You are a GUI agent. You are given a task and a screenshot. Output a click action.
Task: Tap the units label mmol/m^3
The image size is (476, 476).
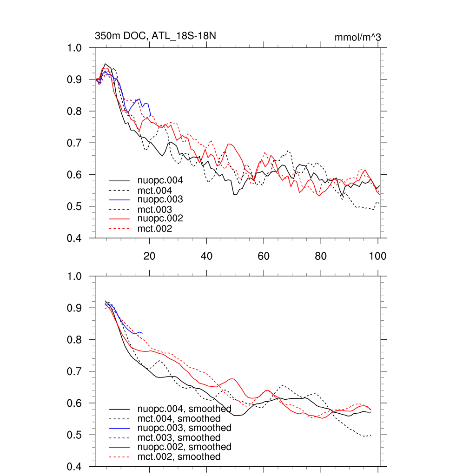tap(357, 37)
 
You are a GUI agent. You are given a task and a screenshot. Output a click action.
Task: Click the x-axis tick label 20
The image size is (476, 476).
tap(149, 256)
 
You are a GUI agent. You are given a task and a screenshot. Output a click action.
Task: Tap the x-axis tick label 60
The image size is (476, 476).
tap(264, 256)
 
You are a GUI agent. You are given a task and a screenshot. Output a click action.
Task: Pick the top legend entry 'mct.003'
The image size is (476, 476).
tap(155, 210)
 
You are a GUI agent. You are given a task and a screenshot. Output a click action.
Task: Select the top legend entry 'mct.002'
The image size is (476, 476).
tap(155, 229)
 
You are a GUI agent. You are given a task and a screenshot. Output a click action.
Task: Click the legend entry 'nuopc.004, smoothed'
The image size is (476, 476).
tap(184, 409)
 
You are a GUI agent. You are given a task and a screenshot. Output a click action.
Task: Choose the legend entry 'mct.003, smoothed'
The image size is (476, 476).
tap(179, 438)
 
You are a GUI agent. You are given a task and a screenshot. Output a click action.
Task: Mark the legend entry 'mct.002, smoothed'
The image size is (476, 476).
tap(179, 457)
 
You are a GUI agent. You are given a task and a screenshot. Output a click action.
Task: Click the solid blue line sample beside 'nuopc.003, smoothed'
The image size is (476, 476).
tap(119, 428)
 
